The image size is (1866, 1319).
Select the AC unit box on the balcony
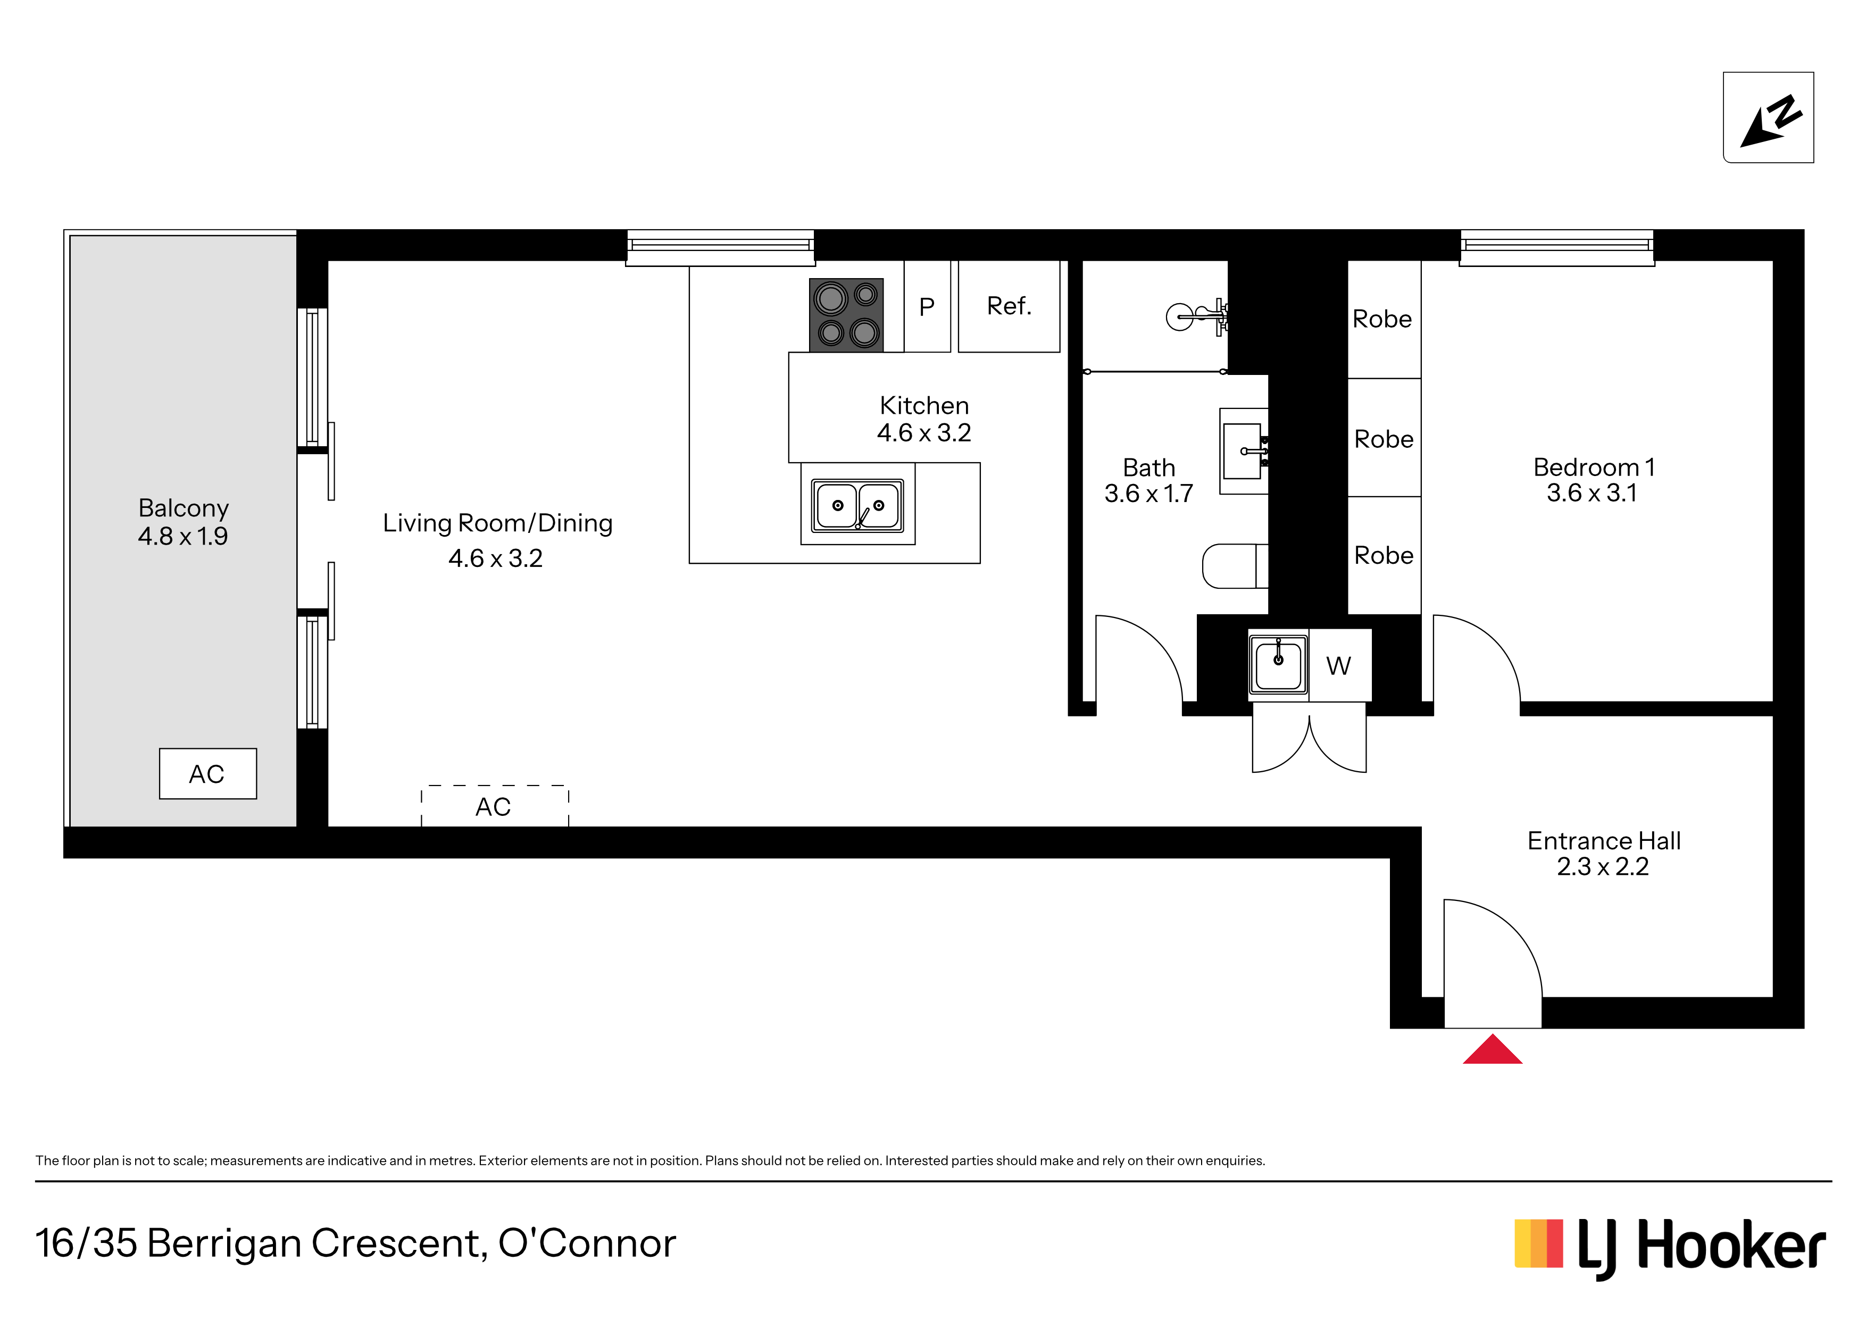point(208,774)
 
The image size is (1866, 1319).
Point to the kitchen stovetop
point(846,315)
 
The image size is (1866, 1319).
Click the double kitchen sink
point(857,505)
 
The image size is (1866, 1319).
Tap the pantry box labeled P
point(927,306)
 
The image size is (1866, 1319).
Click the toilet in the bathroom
point(1235,566)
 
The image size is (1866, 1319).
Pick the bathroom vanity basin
point(1244,451)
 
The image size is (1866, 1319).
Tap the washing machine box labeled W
point(1340,665)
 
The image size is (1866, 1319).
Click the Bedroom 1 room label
point(1594,468)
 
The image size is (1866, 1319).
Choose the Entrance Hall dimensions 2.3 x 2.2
point(1603,866)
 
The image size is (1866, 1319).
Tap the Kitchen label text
point(924,405)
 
